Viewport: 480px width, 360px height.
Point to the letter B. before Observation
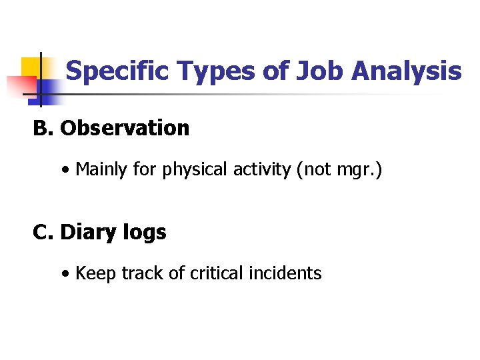pos(43,128)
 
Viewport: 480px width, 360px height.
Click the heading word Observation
pos(125,128)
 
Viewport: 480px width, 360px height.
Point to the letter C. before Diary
pos(43,232)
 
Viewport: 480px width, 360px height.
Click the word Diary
pos(84,233)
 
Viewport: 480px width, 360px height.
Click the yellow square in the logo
pos(31,68)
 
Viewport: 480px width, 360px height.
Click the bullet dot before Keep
pos(65,274)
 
